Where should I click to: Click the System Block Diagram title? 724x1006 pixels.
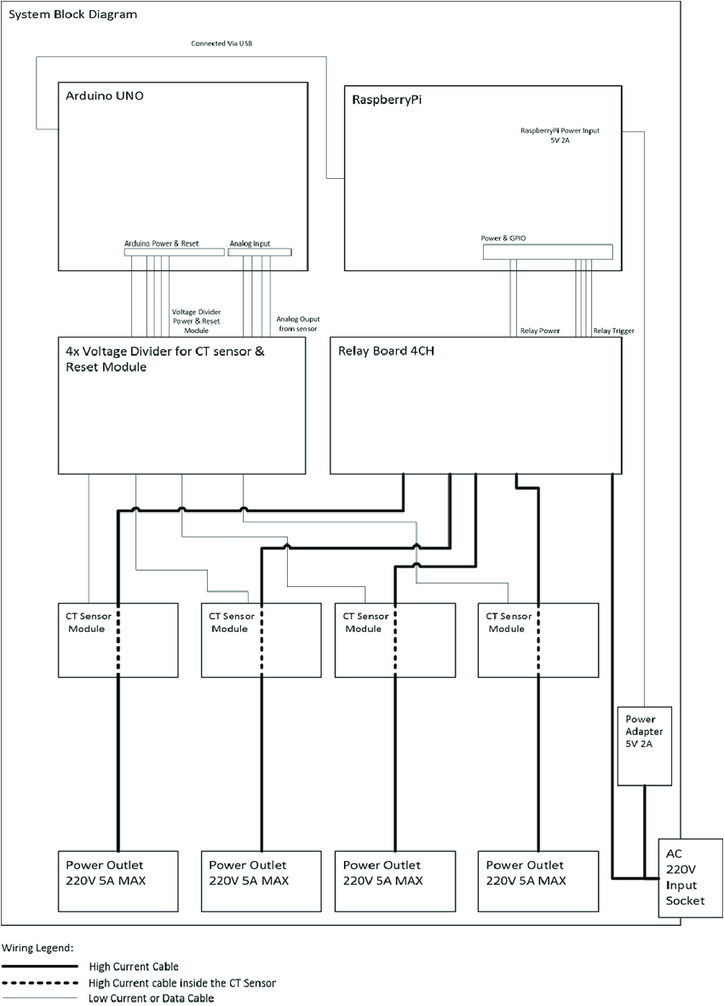72,15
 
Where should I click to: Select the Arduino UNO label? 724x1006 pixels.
105,96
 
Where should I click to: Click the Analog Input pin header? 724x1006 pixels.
260,251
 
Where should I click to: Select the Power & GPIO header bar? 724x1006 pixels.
547,252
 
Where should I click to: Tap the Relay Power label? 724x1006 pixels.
539,331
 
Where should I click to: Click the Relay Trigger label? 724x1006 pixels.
613,331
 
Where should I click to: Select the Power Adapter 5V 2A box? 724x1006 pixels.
644,745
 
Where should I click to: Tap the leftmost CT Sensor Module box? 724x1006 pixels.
118,639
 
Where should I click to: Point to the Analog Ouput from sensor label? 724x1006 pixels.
296,323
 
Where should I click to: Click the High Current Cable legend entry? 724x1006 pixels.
134,967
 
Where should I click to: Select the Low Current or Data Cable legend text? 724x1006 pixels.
151,997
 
